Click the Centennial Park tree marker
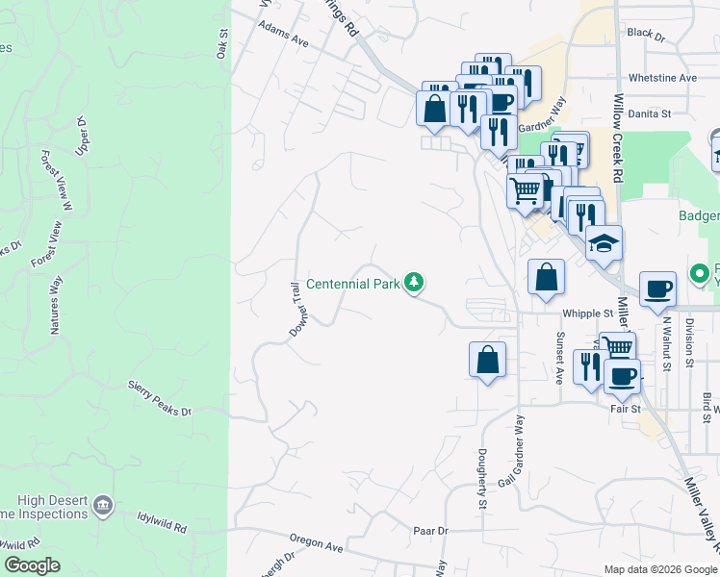(414, 283)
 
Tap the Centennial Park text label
(352, 284)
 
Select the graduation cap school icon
(604, 242)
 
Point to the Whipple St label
(588, 313)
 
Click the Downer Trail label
(296, 309)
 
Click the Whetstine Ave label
(661, 78)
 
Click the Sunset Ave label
(559, 357)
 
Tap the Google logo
(32, 565)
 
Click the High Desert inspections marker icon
(105, 503)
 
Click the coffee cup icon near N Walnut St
(658, 288)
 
